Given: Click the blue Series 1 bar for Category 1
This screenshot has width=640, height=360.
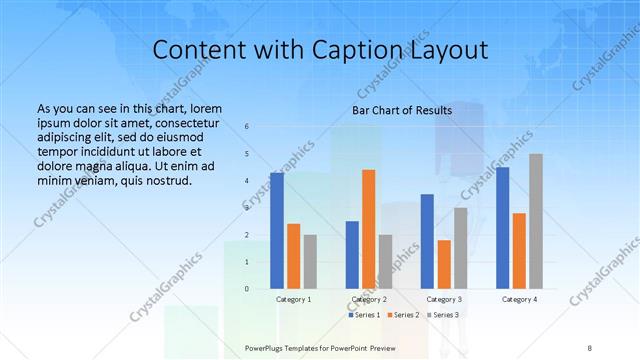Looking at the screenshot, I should [x=277, y=231].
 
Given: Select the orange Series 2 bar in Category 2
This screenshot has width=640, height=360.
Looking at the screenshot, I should [x=369, y=229].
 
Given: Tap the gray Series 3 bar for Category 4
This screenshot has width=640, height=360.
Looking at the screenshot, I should [x=536, y=221].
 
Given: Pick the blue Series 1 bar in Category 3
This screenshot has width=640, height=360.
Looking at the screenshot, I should [x=428, y=241].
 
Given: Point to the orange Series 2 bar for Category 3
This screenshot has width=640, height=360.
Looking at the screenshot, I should [x=444, y=264].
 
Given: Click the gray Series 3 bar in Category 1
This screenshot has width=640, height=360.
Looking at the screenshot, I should [x=310, y=262].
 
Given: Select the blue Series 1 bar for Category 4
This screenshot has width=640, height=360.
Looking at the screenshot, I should [x=503, y=228].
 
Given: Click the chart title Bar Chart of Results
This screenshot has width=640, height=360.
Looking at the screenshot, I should [x=401, y=110].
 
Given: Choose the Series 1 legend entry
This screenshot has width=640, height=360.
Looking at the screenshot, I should [x=364, y=315].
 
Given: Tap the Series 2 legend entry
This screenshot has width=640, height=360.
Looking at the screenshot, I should [x=403, y=315].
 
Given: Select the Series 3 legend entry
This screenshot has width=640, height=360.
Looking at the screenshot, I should [x=442, y=315].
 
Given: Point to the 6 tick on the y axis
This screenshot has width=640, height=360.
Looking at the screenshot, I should [x=247, y=126].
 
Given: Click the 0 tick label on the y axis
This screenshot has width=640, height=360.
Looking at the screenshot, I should [x=247, y=289].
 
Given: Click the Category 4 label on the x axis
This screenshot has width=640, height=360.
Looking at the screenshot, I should [x=519, y=299].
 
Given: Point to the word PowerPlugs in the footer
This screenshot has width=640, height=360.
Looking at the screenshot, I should [x=265, y=348].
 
